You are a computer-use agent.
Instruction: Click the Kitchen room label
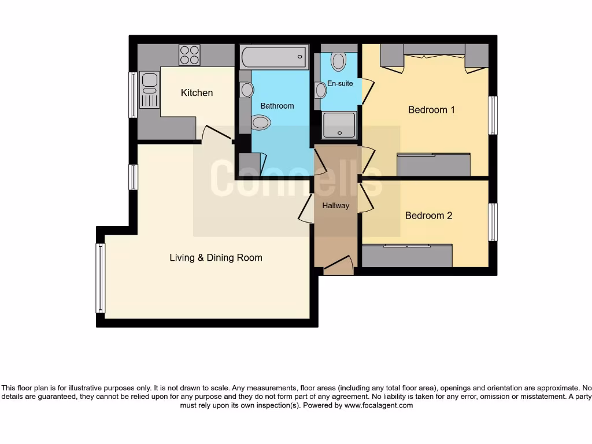point(197,93)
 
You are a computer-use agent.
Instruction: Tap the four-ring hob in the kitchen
point(190,55)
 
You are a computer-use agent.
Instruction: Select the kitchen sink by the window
point(149,90)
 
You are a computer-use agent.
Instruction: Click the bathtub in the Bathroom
point(274,57)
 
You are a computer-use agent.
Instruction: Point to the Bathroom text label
point(277,106)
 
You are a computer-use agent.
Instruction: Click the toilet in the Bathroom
point(261,122)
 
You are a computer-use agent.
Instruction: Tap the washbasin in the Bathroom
point(247,90)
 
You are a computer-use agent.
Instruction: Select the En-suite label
point(340,84)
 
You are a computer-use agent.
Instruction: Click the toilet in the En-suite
point(338,61)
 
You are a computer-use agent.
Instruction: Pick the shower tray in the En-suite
point(339,125)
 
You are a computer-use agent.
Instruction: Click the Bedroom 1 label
point(431,110)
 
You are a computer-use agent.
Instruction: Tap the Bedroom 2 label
point(428,216)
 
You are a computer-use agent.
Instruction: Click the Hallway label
point(336,205)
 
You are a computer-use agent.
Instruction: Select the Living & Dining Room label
point(216,258)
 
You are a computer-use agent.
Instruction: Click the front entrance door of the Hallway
point(338,267)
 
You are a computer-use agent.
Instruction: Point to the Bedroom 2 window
point(493,222)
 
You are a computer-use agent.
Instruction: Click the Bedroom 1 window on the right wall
point(493,115)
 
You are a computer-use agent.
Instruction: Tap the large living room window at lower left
point(101,278)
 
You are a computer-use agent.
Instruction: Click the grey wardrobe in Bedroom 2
point(407,256)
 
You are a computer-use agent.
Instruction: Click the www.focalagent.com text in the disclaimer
point(379,405)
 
